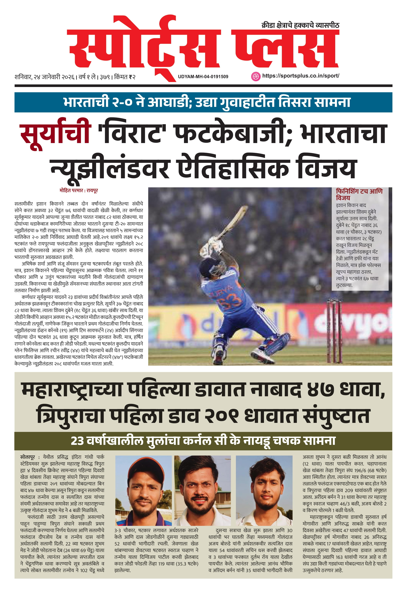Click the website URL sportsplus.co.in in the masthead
click(x=300, y=76)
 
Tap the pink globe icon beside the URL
click(x=255, y=76)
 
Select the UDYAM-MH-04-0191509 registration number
click(x=203, y=77)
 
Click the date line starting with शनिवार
click(x=75, y=77)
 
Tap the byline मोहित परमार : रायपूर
click(x=78, y=190)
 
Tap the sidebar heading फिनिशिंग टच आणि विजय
click(x=359, y=194)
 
